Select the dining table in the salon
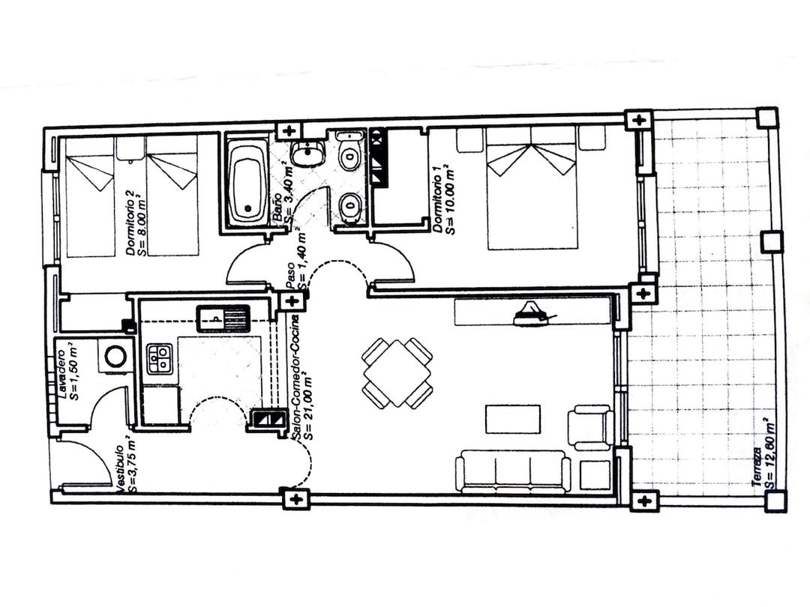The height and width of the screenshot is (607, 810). pos(397,372)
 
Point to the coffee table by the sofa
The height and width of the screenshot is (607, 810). pos(513,419)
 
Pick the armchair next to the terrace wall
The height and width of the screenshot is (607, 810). pos(591,427)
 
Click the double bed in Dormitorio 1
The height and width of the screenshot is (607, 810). pos(532,187)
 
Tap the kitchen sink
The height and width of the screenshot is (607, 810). pos(223,318)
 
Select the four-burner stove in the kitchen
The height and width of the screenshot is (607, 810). pos(158,359)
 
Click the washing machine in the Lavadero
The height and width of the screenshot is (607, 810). pos(115,357)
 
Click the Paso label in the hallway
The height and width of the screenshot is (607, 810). pos(291,275)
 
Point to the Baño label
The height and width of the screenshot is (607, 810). pos(277,205)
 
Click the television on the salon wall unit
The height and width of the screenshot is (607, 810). pos(530,315)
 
